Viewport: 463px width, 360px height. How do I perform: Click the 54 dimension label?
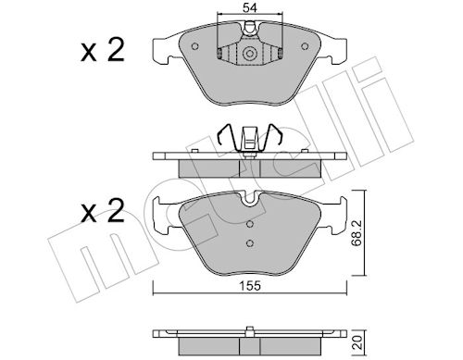click(250, 8)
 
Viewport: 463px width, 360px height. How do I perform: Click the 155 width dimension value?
click(250, 286)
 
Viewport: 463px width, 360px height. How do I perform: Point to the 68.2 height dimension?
click(357, 233)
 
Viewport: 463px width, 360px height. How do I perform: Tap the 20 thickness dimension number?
click(357, 342)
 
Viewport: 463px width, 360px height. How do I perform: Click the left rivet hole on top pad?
click(194, 46)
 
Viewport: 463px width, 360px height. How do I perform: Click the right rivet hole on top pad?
click(305, 46)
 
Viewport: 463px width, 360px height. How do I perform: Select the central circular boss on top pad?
click(250, 54)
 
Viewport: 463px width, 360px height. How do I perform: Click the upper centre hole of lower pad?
click(250, 224)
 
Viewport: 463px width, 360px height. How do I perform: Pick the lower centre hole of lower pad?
click(250, 243)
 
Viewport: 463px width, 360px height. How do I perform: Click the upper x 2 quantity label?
click(103, 49)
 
